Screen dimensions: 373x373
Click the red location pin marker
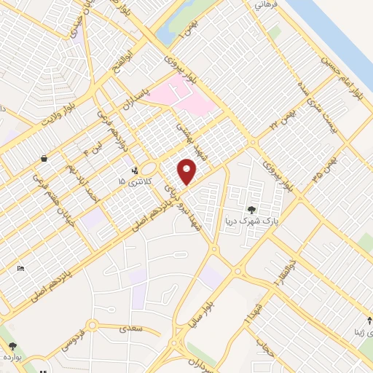[187, 170]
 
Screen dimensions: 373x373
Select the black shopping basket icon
[44, 157]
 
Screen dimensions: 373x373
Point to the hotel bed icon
[21, 268]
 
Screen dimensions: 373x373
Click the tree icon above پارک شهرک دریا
[251, 211]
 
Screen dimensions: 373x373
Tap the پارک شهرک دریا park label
[252, 221]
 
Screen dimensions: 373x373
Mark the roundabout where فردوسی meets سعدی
[93, 326]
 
